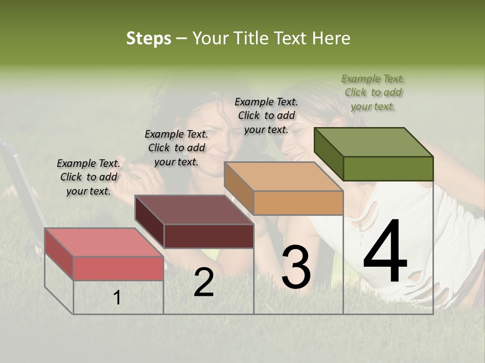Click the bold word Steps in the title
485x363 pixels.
pos(149,39)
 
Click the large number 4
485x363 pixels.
pos(385,252)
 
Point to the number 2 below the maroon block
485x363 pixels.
pos(204,283)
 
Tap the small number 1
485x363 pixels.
pos(117,298)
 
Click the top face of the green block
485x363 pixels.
pos(373,142)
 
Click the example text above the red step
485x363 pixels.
pos(88,177)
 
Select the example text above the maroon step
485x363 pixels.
pos(176,148)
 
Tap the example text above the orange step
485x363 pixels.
pos(266,115)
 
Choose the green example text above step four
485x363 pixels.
pos(373,92)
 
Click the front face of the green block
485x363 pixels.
pos(388,168)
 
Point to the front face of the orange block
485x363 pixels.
pos(298,203)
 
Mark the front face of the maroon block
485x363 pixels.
pos(209,236)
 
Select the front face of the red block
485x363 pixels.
pos(119,268)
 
